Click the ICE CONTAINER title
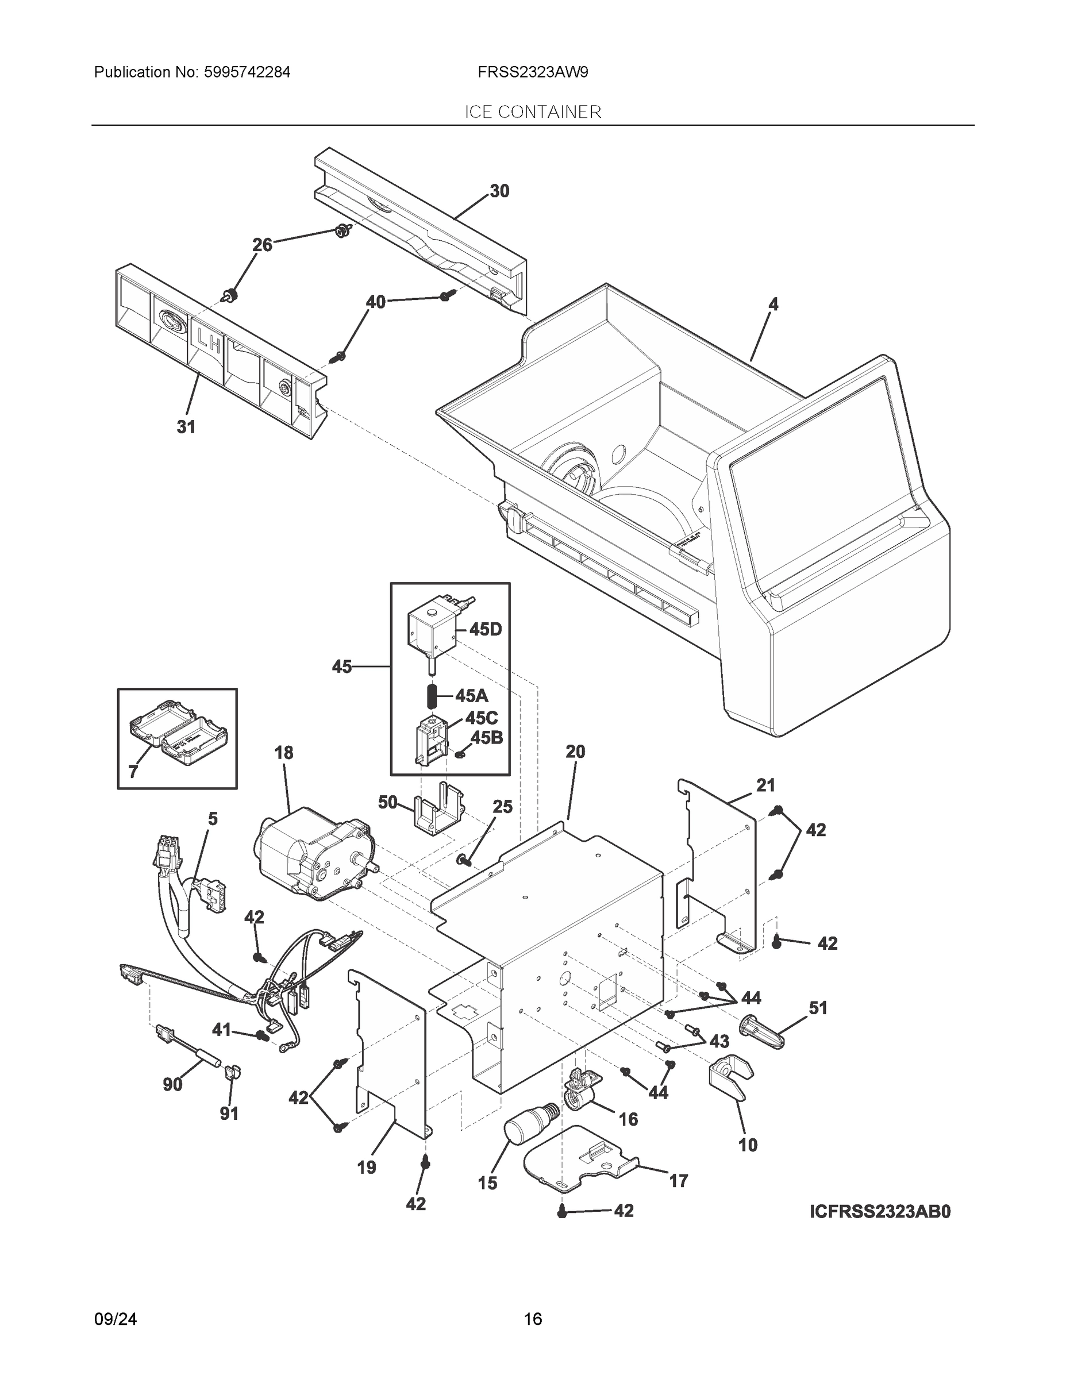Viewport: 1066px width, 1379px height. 532,112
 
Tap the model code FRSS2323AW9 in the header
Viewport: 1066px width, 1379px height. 532,72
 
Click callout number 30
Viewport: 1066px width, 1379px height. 499,191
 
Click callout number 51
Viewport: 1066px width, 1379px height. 817,1008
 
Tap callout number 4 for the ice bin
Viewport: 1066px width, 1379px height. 773,305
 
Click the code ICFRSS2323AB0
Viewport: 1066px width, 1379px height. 879,1212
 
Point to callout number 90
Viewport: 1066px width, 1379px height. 172,1084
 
